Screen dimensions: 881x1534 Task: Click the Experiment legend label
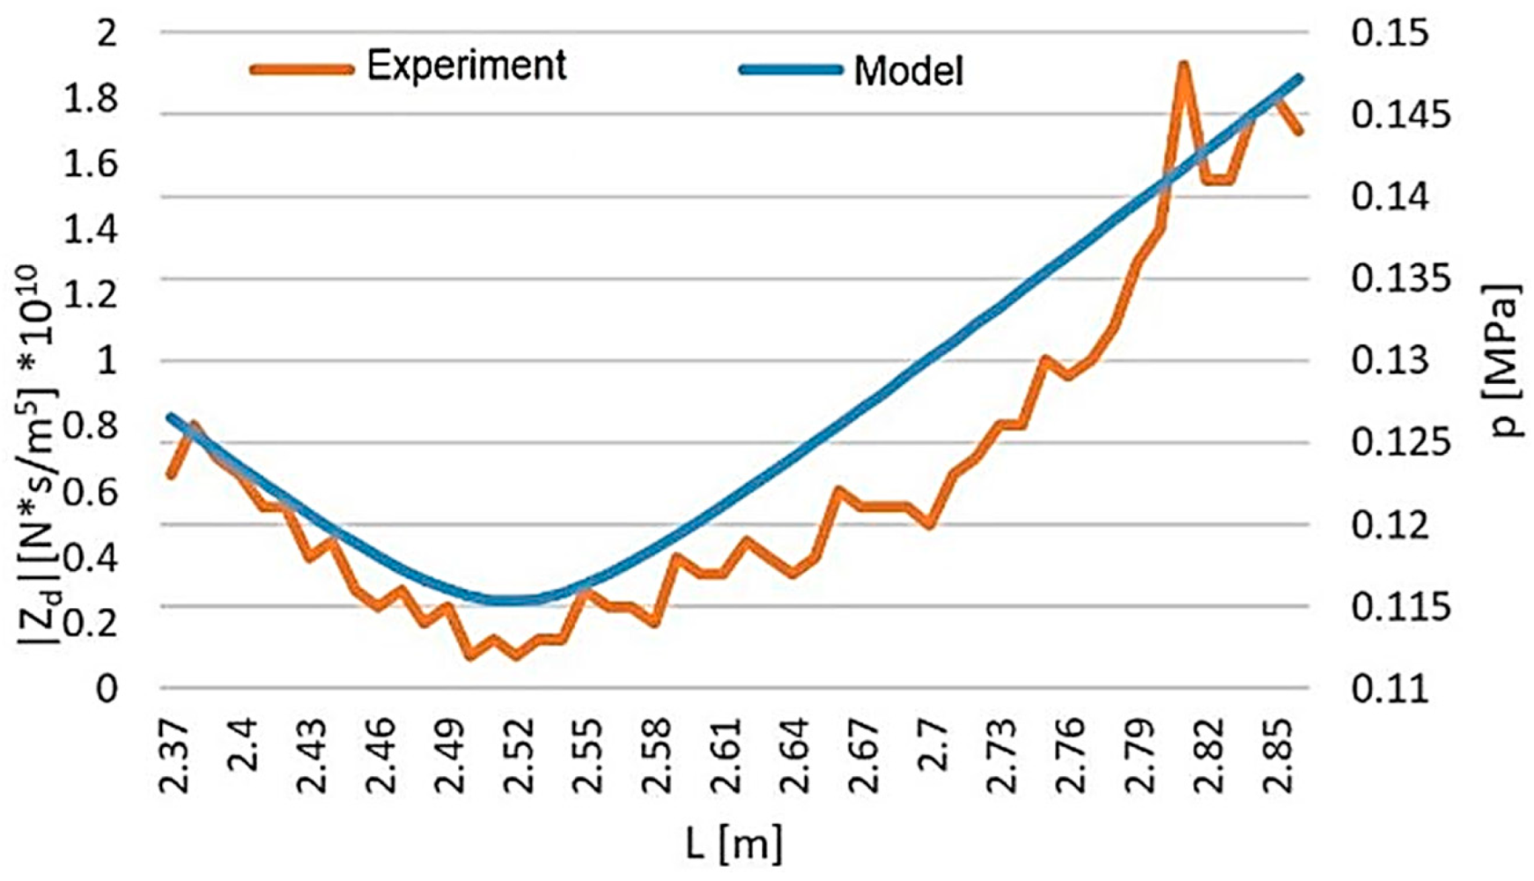466,66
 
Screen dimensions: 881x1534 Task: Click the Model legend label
908,71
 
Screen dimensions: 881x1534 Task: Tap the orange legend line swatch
302,69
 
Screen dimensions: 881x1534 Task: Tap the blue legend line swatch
790,70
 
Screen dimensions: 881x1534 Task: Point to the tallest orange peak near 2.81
1184,65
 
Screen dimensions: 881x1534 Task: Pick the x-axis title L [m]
734,843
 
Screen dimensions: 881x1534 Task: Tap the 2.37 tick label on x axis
175,745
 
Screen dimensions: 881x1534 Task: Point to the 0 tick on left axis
106,689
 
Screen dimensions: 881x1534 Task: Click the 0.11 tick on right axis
1389,689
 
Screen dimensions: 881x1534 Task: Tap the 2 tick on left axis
107,33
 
